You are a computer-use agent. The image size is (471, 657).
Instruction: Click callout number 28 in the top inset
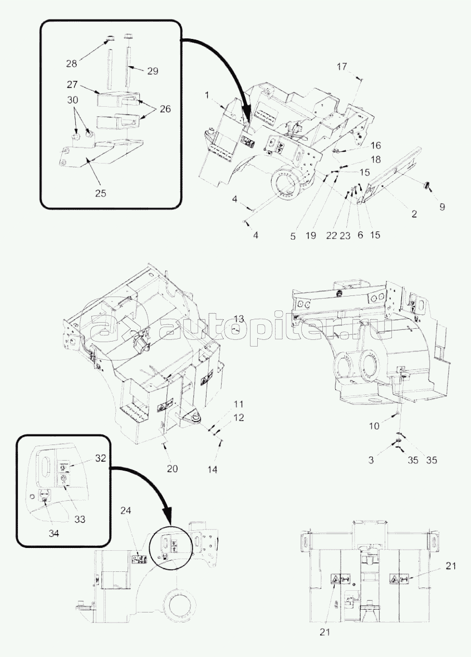pyautogui.click(x=72, y=63)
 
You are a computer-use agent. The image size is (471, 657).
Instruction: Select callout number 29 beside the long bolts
pyautogui.click(x=153, y=71)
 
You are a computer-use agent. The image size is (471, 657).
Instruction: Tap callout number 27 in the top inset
pyautogui.click(x=72, y=85)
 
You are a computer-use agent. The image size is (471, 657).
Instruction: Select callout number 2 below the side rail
pyautogui.click(x=414, y=213)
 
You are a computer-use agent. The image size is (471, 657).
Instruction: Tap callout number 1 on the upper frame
pyautogui.click(x=207, y=96)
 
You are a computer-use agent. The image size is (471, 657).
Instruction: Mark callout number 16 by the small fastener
pyautogui.click(x=376, y=145)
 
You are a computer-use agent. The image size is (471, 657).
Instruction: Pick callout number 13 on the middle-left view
pyautogui.click(x=238, y=319)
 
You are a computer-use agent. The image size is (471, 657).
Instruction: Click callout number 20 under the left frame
pyautogui.click(x=173, y=468)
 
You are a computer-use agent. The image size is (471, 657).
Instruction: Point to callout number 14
pyautogui.click(x=212, y=470)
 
